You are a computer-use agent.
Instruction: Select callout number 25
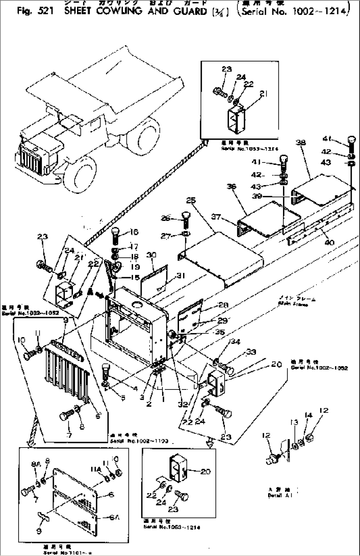191,201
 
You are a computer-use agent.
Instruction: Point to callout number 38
301,143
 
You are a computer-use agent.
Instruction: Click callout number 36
232,187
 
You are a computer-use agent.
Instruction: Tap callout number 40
330,242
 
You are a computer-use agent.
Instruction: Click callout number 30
152,255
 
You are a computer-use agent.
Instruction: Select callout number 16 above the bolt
134,232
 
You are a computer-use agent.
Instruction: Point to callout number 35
220,333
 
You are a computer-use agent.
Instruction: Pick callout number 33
251,352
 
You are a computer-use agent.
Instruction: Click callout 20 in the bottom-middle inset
205,471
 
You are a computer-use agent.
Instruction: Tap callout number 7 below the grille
69,435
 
